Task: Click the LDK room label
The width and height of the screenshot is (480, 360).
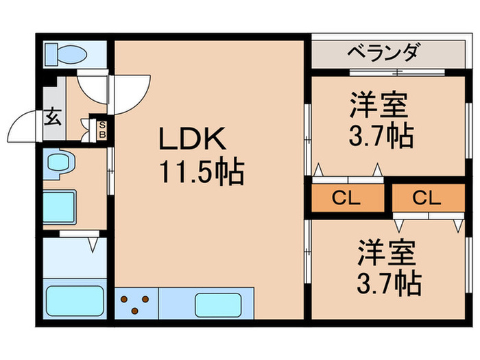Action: pyautogui.click(x=192, y=141)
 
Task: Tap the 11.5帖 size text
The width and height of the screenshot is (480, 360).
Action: pyautogui.click(x=202, y=172)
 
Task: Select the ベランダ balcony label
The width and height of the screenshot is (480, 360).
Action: pyautogui.click(x=381, y=52)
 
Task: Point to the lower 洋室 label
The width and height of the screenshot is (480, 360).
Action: pyautogui.click(x=386, y=253)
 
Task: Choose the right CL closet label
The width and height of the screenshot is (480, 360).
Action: pyautogui.click(x=427, y=198)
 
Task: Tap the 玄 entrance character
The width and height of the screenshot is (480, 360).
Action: pyautogui.click(x=52, y=117)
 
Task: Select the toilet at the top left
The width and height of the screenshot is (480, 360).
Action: pyautogui.click(x=66, y=53)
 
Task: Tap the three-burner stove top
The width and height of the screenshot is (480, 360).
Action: pyautogui.click(x=137, y=302)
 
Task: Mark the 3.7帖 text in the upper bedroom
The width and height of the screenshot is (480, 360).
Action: pyautogui.click(x=379, y=135)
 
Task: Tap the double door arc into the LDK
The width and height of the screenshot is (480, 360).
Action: pyautogui.click(x=113, y=93)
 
